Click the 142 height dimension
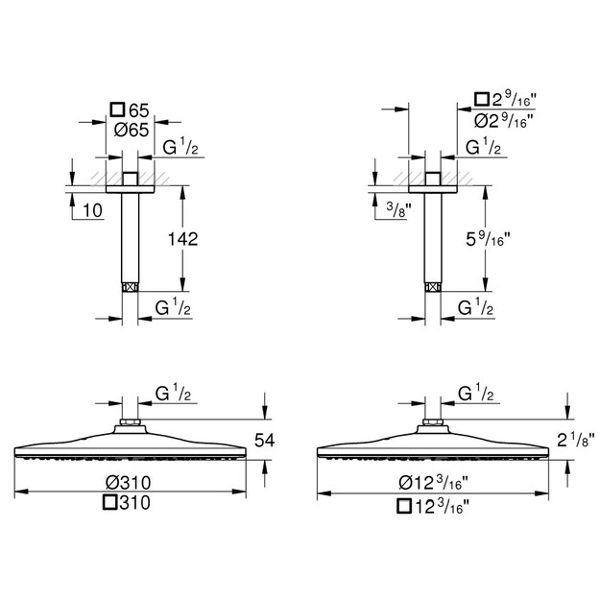(x=183, y=239)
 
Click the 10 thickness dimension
(x=92, y=210)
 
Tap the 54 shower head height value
(x=265, y=440)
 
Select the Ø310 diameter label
(x=129, y=483)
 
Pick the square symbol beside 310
(x=109, y=502)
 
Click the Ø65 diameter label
(x=132, y=131)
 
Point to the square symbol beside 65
(x=117, y=109)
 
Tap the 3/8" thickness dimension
(x=398, y=209)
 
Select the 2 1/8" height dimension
(x=576, y=440)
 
